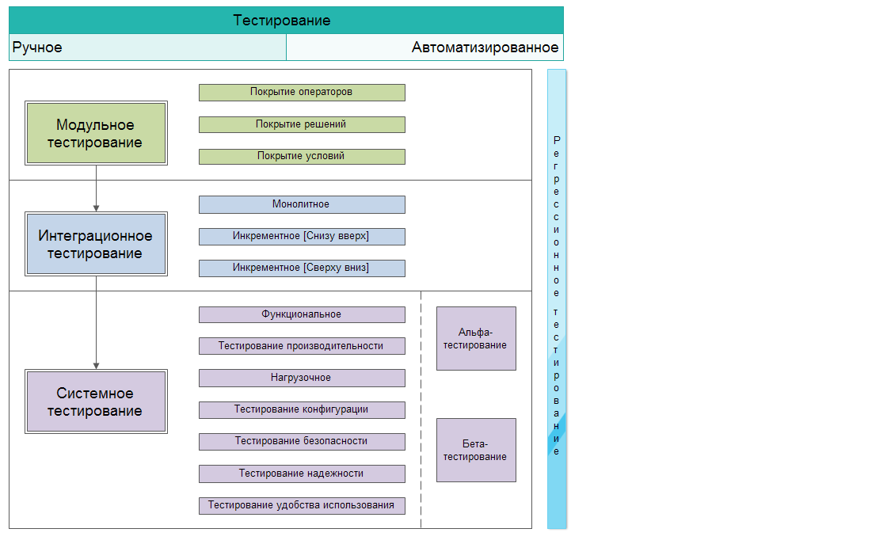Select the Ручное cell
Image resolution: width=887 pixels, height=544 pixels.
(x=147, y=48)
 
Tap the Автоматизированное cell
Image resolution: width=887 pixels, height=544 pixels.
(x=424, y=48)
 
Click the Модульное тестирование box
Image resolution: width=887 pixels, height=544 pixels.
(x=96, y=133)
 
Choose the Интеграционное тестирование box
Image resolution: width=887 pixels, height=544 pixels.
(x=96, y=244)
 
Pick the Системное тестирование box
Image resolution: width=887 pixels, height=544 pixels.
(x=96, y=401)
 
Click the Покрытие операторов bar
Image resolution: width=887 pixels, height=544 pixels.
(x=302, y=93)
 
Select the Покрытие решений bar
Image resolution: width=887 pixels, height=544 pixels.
(x=302, y=124)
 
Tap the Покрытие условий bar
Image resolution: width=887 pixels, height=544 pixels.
(x=302, y=157)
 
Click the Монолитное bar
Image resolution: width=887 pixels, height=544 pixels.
(x=302, y=204)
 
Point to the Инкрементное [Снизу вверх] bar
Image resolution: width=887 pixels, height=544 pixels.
(x=302, y=236)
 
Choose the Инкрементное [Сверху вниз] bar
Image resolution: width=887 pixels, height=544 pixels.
(x=302, y=268)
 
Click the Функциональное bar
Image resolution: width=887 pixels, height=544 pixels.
(x=302, y=314)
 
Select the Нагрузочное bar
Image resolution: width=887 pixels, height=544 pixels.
(x=302, y=378)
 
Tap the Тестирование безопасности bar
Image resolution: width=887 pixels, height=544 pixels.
(x=302, y=441)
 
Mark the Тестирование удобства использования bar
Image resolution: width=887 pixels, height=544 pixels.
(x=302, y=505)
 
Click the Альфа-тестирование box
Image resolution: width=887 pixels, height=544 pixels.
(x=476, y=338)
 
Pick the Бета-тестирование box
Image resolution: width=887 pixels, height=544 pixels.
(x=476, y=450)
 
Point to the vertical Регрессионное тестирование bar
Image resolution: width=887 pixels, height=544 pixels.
(x=557, y=298)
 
